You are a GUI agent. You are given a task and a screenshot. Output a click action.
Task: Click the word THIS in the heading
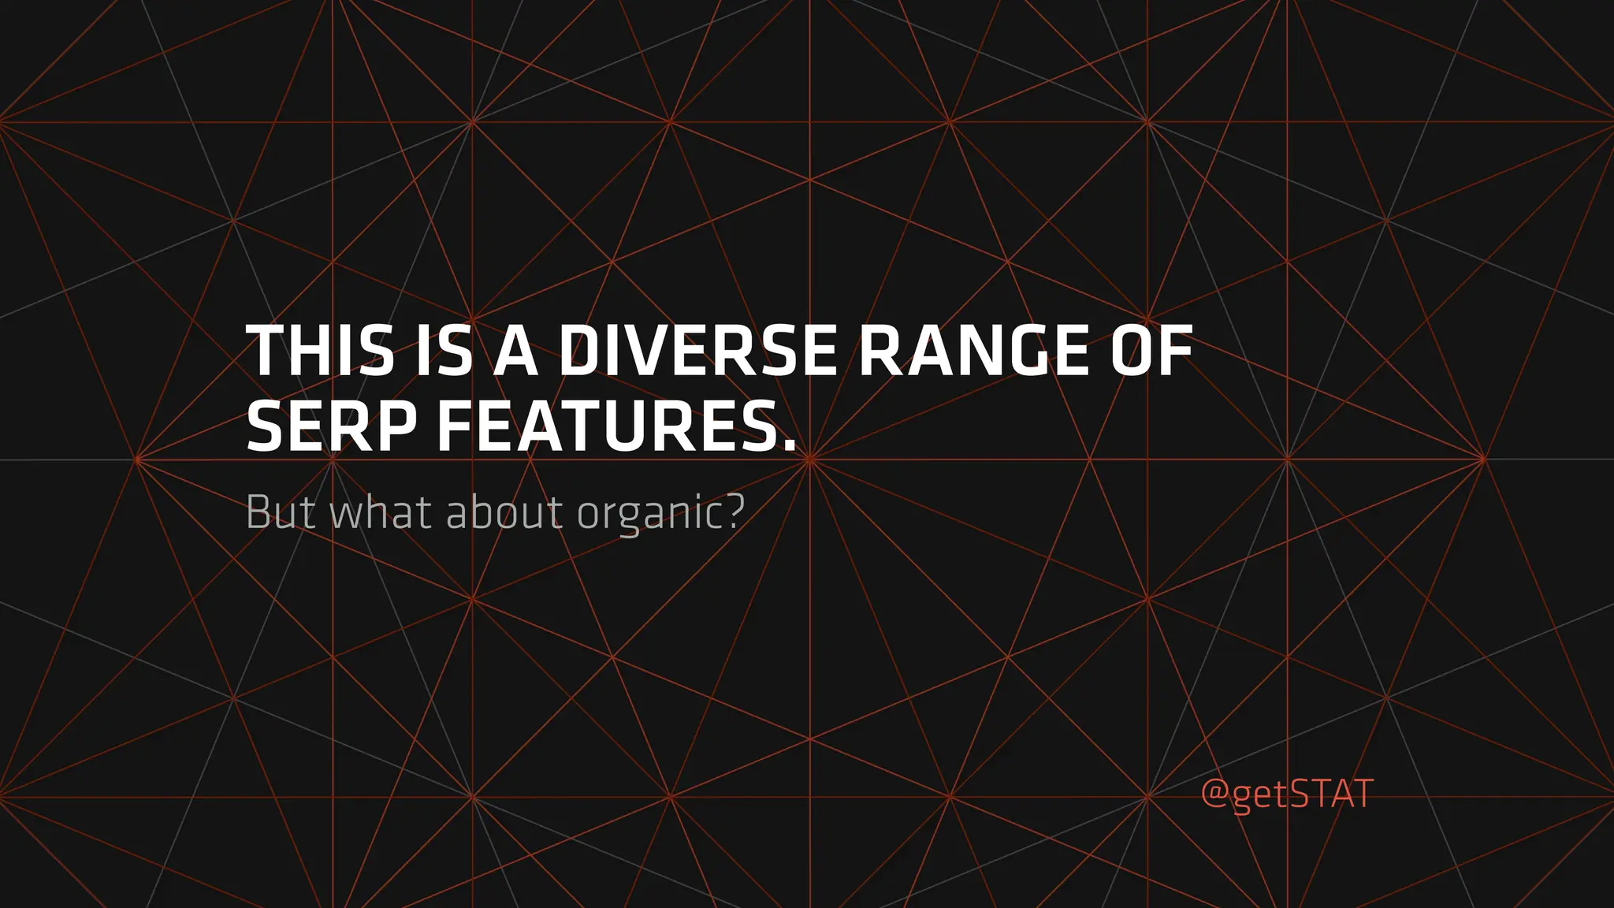click(320, 351)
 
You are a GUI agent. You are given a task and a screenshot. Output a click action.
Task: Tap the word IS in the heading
click(444, 351)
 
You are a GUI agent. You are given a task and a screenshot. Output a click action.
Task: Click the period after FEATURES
click(789, 447)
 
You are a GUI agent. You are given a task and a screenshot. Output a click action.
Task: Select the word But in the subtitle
click(281, 512)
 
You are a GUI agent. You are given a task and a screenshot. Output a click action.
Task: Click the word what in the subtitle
click(379, 512)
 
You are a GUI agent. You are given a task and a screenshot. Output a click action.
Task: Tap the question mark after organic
click(734, 512)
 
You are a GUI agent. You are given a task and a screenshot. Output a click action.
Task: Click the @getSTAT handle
click(1287, 793)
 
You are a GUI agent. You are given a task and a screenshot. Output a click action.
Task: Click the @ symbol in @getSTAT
click(1214, 794)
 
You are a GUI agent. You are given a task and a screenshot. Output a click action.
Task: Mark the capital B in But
click(258, 512)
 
